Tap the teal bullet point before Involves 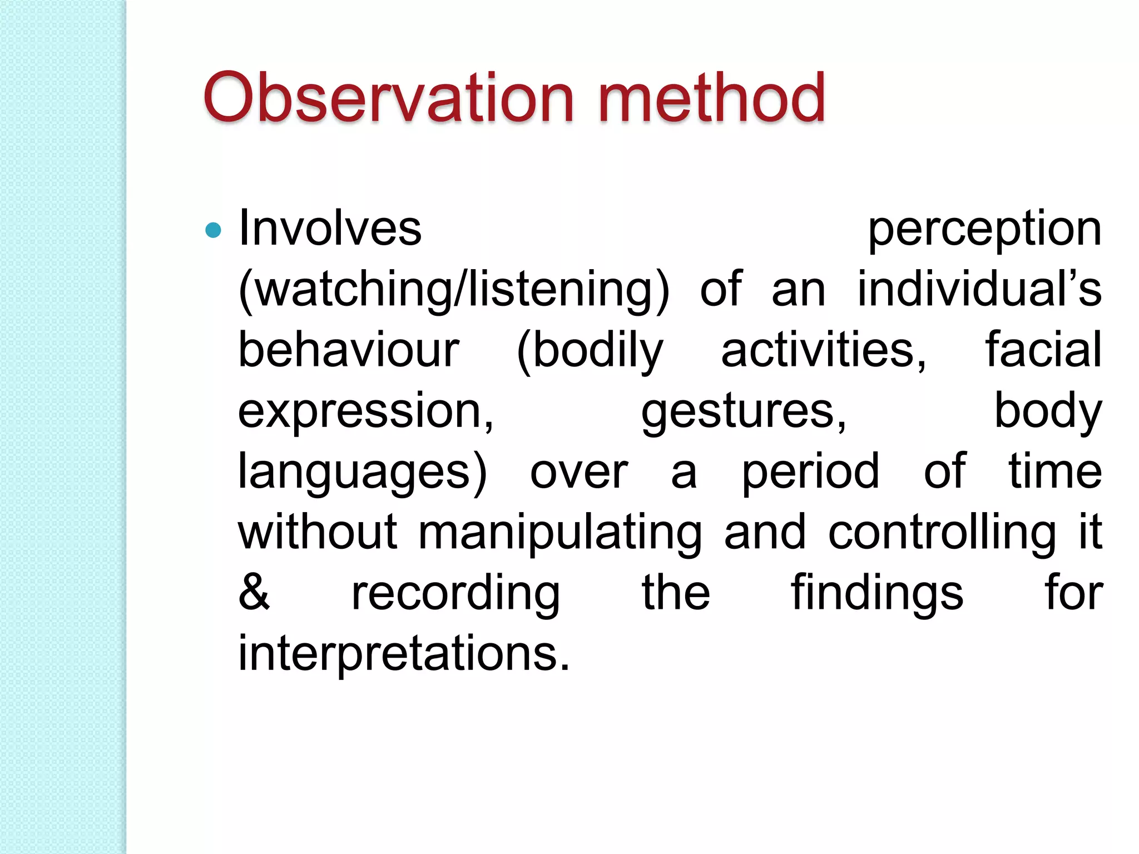(213, 230)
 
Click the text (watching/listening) (454, 290)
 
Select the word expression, (366, 413)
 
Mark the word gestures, (744, 413)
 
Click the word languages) (363, 473)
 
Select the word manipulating (559, 533)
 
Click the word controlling (942, 533)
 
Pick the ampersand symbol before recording (254, 592)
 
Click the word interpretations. (404, 653)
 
